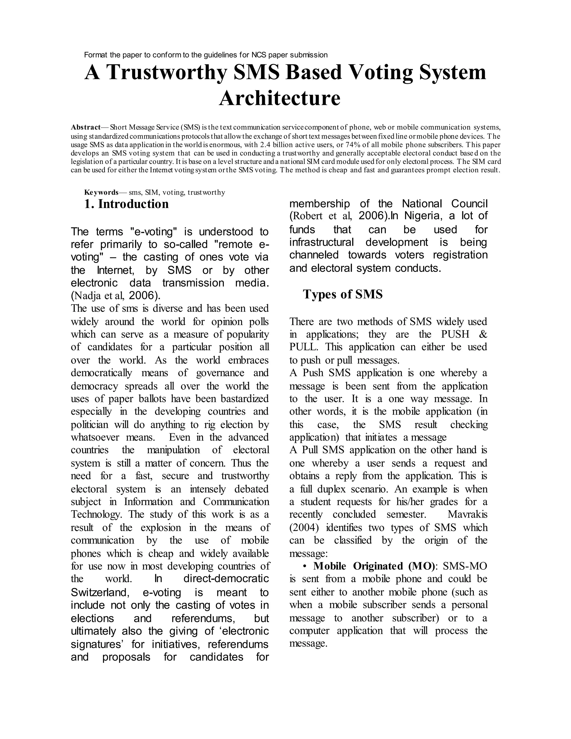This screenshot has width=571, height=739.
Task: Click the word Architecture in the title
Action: click(x=279, y=98)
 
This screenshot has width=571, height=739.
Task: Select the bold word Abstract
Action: click(x=86, y=127)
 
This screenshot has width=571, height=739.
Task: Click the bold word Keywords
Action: click(x=101, y=192)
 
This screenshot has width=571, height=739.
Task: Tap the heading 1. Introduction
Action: click(x=126, y=204)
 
